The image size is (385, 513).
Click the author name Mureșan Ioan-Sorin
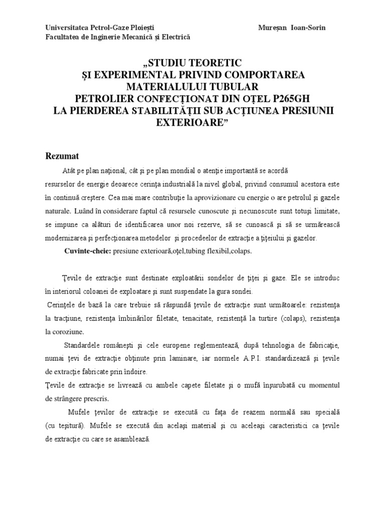click(x=291, y=28)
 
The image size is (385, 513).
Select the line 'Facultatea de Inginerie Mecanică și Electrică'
click(x=118, y=37)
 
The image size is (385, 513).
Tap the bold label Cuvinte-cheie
click(x=88, y=251)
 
